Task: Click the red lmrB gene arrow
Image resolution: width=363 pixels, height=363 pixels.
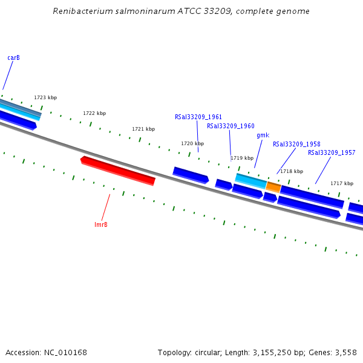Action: tap(118, 171)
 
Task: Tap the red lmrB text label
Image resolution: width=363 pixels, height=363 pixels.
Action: tap(101, 225)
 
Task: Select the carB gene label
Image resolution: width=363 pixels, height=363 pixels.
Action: tap(13, 58)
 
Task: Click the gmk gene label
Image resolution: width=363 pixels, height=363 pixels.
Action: tap(263, 136)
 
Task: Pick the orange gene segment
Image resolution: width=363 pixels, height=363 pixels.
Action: tap(273, 187)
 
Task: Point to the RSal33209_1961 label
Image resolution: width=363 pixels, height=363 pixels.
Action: tap(198, 117)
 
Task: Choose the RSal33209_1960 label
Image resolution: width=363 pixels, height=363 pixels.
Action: tap(231, 126)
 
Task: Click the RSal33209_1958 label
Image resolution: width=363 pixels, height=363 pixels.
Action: tap(296, 145)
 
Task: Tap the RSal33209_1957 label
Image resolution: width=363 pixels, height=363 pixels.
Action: tap(332, 153)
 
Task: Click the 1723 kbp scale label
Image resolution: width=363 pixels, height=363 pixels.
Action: tap(45, 97)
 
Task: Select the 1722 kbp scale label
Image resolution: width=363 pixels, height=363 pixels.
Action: tap(94, 113)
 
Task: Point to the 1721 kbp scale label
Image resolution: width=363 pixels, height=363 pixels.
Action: tap(143, 129)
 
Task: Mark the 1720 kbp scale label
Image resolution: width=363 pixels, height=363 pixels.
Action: tap(192, 144)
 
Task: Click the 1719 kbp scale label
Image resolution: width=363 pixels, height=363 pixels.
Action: tap(242, 158)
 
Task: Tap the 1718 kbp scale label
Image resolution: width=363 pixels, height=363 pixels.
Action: tap(291, 171)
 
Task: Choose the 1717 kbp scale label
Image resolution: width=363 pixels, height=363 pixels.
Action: tap(341, 183)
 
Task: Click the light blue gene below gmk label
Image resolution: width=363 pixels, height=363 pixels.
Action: tap(250, 180)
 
